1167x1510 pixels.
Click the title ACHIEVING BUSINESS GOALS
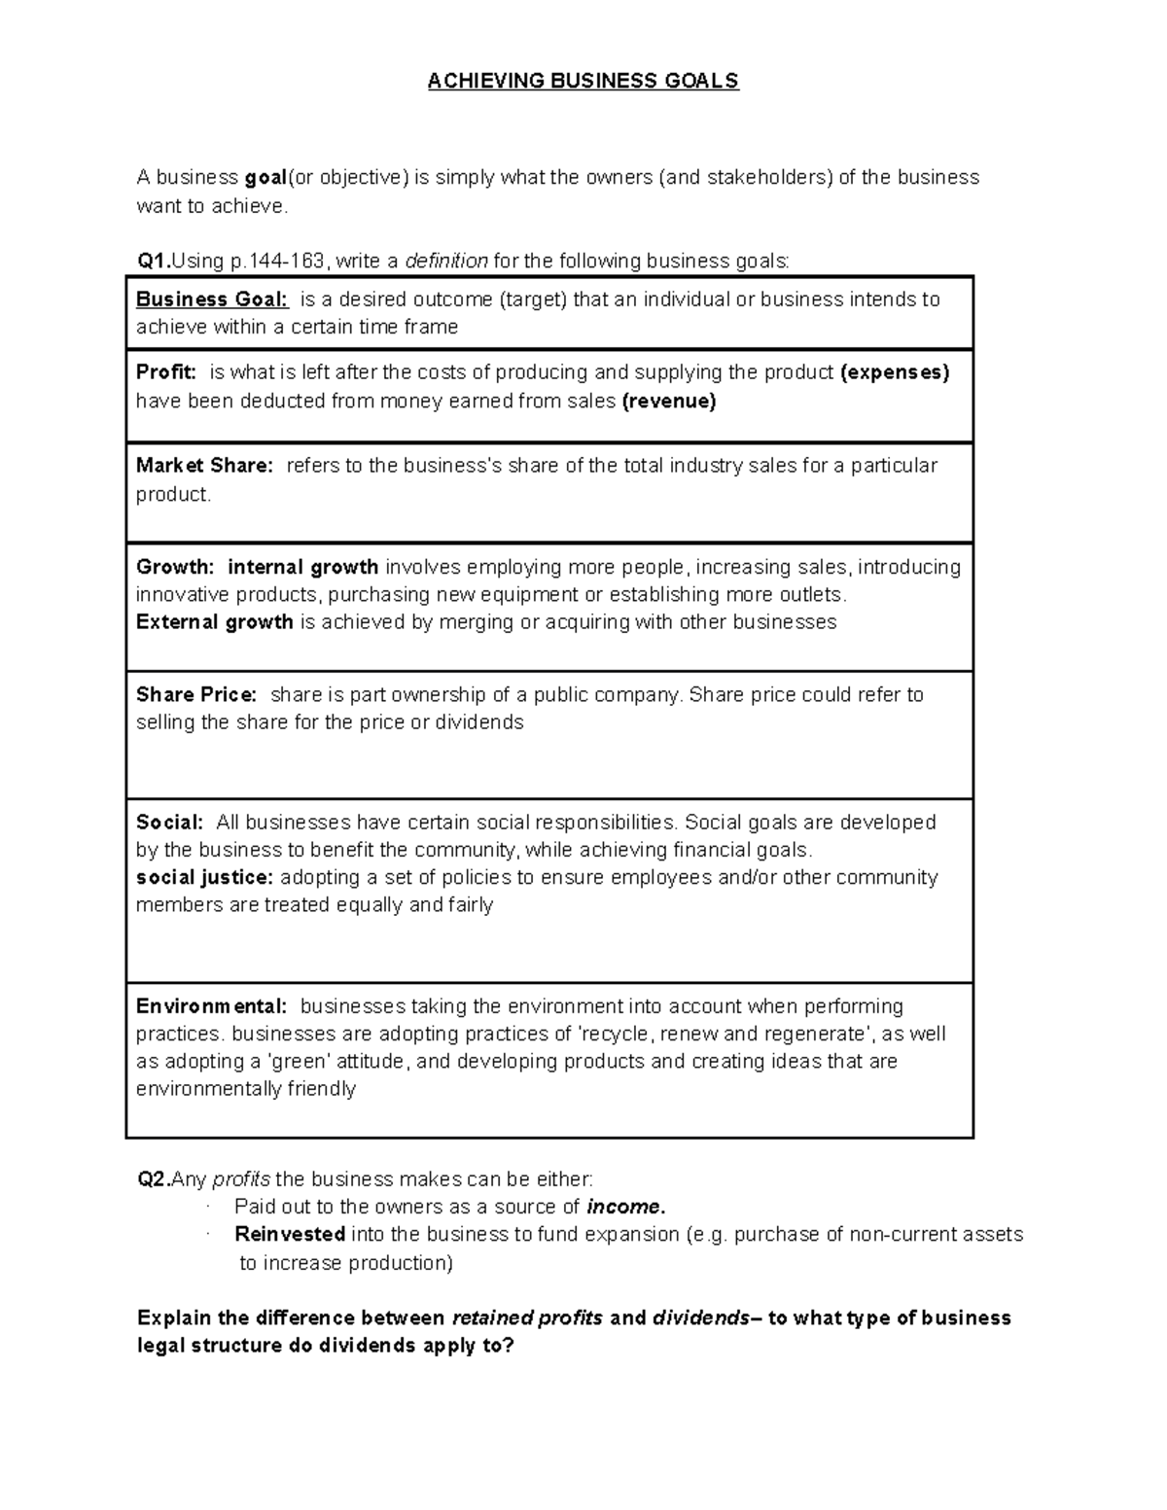583,81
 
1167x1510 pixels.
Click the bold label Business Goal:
212,299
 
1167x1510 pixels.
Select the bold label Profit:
166,372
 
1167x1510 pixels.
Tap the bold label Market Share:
205,466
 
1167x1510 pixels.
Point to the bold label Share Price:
196,695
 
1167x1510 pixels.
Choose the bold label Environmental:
211,1006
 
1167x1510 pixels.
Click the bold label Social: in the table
169,823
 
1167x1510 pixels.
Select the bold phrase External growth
214,622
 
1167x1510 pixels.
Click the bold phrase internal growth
302,567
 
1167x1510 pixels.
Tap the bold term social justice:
205,877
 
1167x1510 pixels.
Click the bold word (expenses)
894,372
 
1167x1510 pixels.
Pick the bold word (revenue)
668,402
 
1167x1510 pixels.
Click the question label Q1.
154,261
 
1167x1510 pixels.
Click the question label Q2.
154,1179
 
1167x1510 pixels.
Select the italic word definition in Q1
446,261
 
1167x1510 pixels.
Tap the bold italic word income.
626,1207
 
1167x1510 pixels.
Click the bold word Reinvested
290,1234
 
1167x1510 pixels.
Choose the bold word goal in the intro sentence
265,177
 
